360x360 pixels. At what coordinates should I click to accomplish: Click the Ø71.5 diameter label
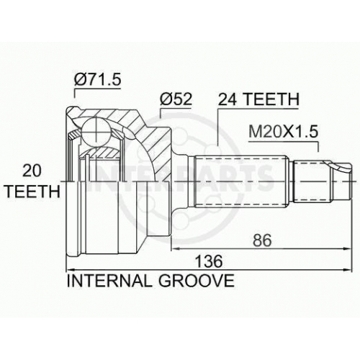click(97, 79)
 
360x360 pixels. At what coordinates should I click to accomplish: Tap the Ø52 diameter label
click(176, 99)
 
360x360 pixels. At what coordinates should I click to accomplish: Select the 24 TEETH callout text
click(258, 99)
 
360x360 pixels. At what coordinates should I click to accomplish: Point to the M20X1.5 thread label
click(284, 132)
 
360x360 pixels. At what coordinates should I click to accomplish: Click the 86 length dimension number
click(262, 240)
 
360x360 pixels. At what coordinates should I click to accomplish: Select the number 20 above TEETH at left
click(32, 171)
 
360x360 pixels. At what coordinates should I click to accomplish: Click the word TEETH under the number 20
click(33, 192)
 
